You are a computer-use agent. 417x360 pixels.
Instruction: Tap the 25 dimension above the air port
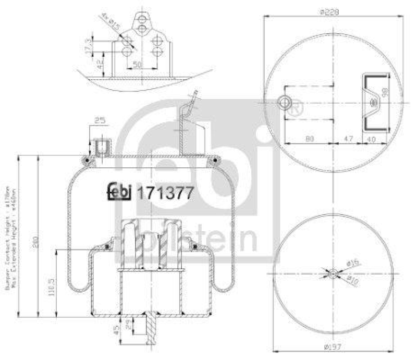tap(101, 121)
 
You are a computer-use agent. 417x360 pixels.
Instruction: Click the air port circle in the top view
tap(285, 103)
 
